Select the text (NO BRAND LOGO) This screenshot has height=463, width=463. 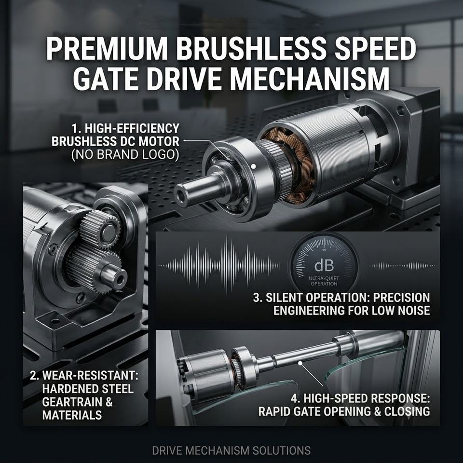coord(125,155)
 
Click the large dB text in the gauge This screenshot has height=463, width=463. coord(324,266)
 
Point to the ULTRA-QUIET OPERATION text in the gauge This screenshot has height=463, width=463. coord(324,281)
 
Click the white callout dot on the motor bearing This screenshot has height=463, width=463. coord(253,166)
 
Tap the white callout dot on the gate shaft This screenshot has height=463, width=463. coord(300,363)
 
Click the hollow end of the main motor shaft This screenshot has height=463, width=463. coord(180,196)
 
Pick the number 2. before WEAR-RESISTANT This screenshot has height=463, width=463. coord(35,375)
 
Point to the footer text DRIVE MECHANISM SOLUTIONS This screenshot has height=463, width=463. coord(231,450)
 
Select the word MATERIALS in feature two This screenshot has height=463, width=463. coord(72,415)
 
